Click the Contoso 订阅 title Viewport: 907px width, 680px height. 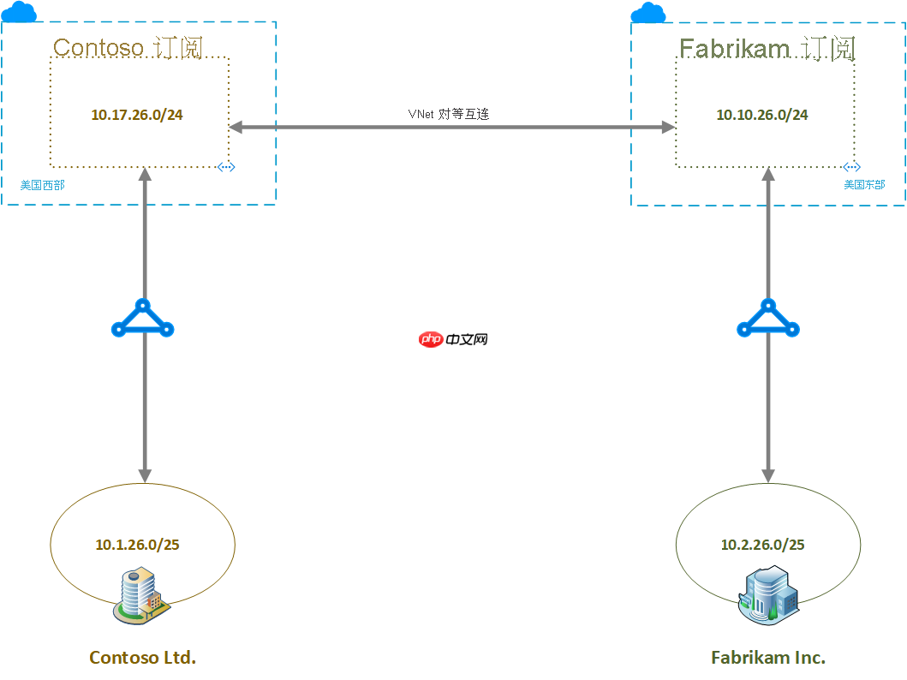click(x=128, y=47)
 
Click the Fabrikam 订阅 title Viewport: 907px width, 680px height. click(x=767, y=48)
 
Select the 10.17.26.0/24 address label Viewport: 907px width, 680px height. click(x=137, y=115)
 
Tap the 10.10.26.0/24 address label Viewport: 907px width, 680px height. click(x=762, y=115)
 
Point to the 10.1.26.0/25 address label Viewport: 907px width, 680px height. click(x=137, y=545)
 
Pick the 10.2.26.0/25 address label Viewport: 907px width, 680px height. click(x=762, y=545)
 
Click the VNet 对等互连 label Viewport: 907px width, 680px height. click(x=448, y=113)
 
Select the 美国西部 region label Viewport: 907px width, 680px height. click(x=42, y=184)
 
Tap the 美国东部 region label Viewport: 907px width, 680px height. click(x=864, y=184)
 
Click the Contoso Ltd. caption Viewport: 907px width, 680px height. click(x=143, y=658)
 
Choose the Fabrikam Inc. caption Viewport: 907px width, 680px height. click(x=768, y=658)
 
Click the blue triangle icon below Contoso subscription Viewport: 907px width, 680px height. click(x=143, y=319)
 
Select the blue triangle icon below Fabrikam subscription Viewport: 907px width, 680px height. click(x=768, y=319)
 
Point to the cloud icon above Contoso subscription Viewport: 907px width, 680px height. click(x=19, y=12)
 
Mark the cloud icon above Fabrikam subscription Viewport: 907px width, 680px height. click(x=648, y=12)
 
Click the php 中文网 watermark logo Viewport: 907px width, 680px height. click(x=453, y=339)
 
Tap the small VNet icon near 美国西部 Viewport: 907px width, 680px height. click(x=226, y=167)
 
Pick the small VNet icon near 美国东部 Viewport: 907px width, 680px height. click(x=850, y=167)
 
